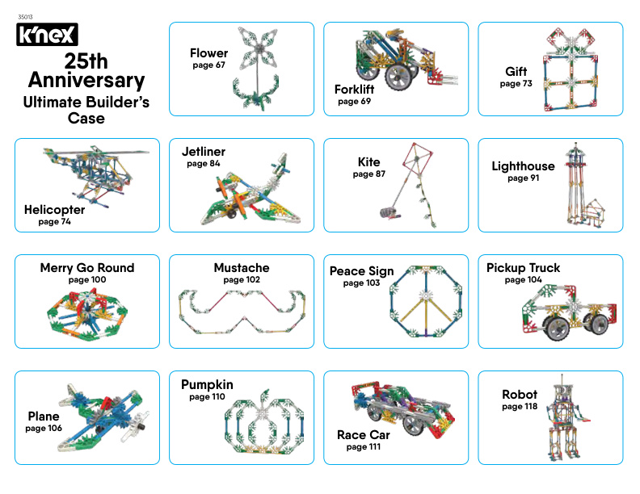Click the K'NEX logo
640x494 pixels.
point(47,34)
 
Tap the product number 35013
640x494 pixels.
point(25,17)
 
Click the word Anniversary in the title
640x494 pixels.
point(86,80)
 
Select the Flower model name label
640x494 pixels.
point(208,53)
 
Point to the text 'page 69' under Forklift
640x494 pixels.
point(354,101)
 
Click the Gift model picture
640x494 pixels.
point(571,69)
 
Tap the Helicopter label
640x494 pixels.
point(54,210)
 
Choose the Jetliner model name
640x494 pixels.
point(204,152)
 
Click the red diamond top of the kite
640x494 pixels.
point(417,157)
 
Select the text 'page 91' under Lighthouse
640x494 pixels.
point(524,178)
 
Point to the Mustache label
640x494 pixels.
point(242,268)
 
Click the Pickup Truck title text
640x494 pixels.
point(523,268)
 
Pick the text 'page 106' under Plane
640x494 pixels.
point(44,428)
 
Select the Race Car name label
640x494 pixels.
point(364,435)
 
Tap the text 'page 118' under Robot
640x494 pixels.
point(520,406)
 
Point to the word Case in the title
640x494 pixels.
point(86,118)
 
